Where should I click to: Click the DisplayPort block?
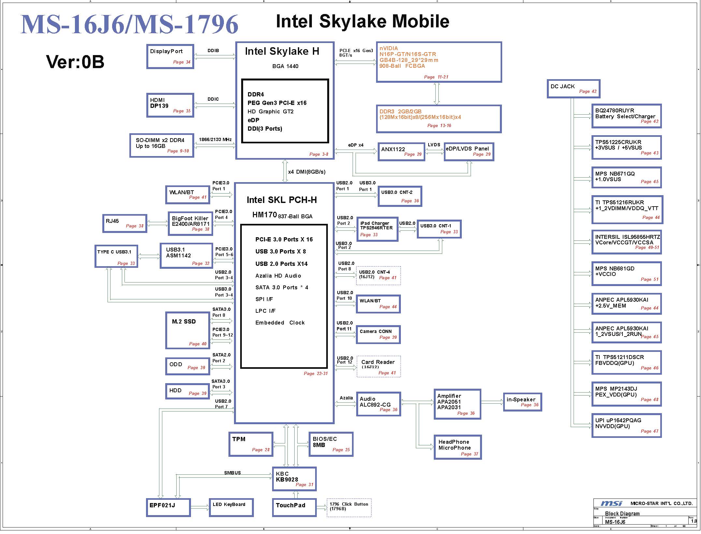pyautogui.click(x=170, y=56)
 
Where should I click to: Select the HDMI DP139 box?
pyautogui.click(x=170, y=105)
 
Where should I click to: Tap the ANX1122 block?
pyautogui.click(x=402, y=152)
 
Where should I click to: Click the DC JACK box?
pyautogui.click(x=573, y=89)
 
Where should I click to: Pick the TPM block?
pyautogui.click(x=251, y=444)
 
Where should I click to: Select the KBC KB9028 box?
pyautogui.click(x=294, y=479)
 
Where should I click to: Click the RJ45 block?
pyautogui.click(x=125, y=224)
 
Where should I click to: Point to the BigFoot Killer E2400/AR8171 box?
pyautogui.click(x=190, y=224)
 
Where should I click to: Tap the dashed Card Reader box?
pyautogui.click(x=379, y=367)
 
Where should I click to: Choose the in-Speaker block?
pyautogui.click(x=522, y=402)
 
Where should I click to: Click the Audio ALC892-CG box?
pyautogui.click(x=378, y=404)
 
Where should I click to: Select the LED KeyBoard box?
pyautogui.click(x=231, y=508)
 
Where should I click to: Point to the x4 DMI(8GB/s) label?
pyautogui.click(x=307, y=172)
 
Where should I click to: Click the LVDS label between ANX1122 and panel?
pyautogui.click(x=434, y=145)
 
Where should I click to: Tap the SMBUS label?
pyautogui.click(x=232, y=473)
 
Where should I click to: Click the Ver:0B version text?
pyautogui.click(x=75, y=62)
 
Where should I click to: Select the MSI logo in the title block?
pyautogui.click(x=611, y=503)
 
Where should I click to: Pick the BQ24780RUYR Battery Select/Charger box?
pyautogui.click(x=626, y=116)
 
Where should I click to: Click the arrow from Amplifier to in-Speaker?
pyautogui.click(x=492, y=402)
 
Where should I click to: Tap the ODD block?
pyautogui.click(x=187, y=366)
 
